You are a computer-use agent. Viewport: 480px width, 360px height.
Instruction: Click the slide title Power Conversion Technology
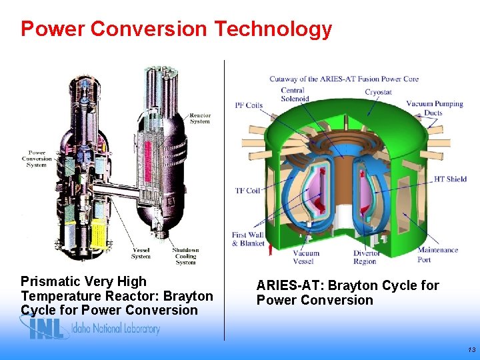pos(176,29)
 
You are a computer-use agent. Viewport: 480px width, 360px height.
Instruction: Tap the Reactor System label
pos(200,118)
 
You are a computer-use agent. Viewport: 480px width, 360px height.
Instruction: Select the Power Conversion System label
pos(37,159)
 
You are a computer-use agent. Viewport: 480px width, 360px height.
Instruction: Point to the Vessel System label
pos(140,253)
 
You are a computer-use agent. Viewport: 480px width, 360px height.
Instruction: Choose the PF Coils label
pos(249,105)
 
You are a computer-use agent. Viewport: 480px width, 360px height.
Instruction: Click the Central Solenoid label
pos(294,95)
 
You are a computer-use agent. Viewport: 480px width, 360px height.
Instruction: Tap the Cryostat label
pos(378,92)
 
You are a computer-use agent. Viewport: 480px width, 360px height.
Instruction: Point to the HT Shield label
pos(450,179)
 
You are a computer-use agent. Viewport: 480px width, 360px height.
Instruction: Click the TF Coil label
pos(247,191)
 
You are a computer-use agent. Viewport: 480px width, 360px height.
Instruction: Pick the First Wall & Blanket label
pos(248,239)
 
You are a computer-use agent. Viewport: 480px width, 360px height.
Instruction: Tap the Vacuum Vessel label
pos(306,257)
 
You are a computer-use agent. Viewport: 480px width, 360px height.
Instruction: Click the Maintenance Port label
pos(437,255)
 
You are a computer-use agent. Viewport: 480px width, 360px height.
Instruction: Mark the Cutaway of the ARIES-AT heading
pos(343,79)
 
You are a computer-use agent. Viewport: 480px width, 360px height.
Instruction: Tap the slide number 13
pos(471,349)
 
